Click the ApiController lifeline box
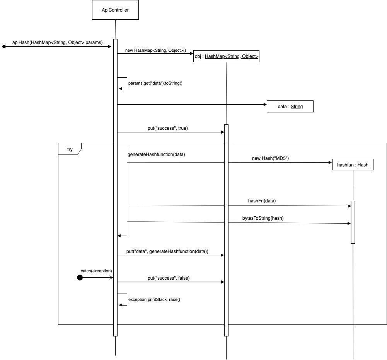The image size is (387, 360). (x=115, y=10)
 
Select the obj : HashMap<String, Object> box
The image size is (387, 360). (x=226, y=56)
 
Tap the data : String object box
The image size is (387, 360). (x=290, y=106)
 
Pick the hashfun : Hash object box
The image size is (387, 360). (x=353, y=165)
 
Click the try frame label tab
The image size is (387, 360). (x=70, y=149)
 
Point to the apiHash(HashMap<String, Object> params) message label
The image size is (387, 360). (x=55, y=42)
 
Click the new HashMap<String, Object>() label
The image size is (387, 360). (x=155, y=51)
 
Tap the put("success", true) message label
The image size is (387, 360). (x=168, y=128)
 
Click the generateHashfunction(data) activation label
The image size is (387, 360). (x=156, y=155)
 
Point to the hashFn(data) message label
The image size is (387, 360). (x=262, y=201)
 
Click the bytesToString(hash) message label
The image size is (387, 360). (x=263, y=218)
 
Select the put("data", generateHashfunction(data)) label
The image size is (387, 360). (x=167, y=251)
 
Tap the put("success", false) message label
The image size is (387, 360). (x=169, y=278)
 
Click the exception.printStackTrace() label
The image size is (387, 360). (x=154, y=299)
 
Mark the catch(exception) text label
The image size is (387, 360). (x=96, y=270)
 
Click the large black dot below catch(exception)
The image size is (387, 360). (x=80, y=277)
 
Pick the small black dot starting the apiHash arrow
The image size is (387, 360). (x=4, y=46)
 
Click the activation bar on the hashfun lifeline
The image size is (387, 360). (x=353, y=222)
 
